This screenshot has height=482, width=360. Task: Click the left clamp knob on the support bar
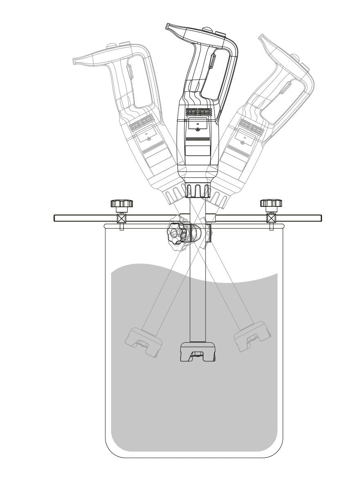click(x=121, y=203)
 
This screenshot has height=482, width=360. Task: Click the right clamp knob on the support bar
click(x=271, y=203)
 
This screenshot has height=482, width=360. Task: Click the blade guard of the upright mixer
click(x=198, y=352)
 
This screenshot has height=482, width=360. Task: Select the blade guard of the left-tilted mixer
click(x=143, y=341)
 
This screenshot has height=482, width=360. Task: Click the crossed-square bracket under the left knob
click(x=121, y=218)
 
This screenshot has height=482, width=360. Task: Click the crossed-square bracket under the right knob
click(x=271, y=218)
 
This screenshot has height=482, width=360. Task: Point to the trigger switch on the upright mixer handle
click(x=212, y=62)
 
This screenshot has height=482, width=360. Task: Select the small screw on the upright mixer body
click(x=198, y=129)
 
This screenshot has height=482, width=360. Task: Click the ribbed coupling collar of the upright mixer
click(x=198, y=191)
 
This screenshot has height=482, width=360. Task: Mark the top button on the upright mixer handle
click(x=208, y=30)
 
